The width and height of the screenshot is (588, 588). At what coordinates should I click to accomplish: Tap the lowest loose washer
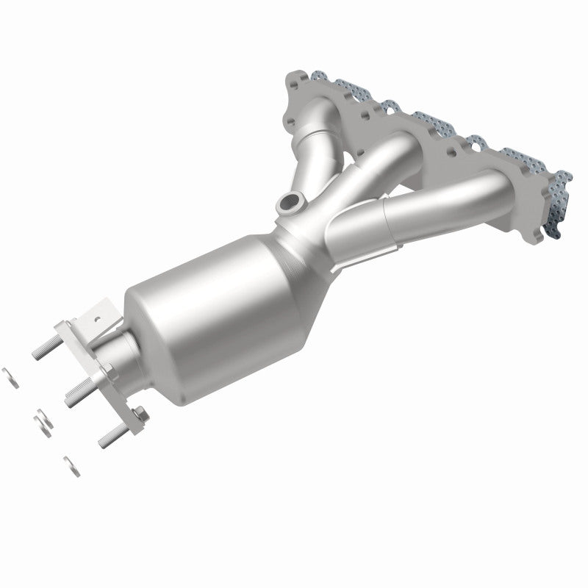click(x=71, y=467)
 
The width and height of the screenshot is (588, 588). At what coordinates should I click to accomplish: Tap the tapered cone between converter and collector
click(x=294, y=250)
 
